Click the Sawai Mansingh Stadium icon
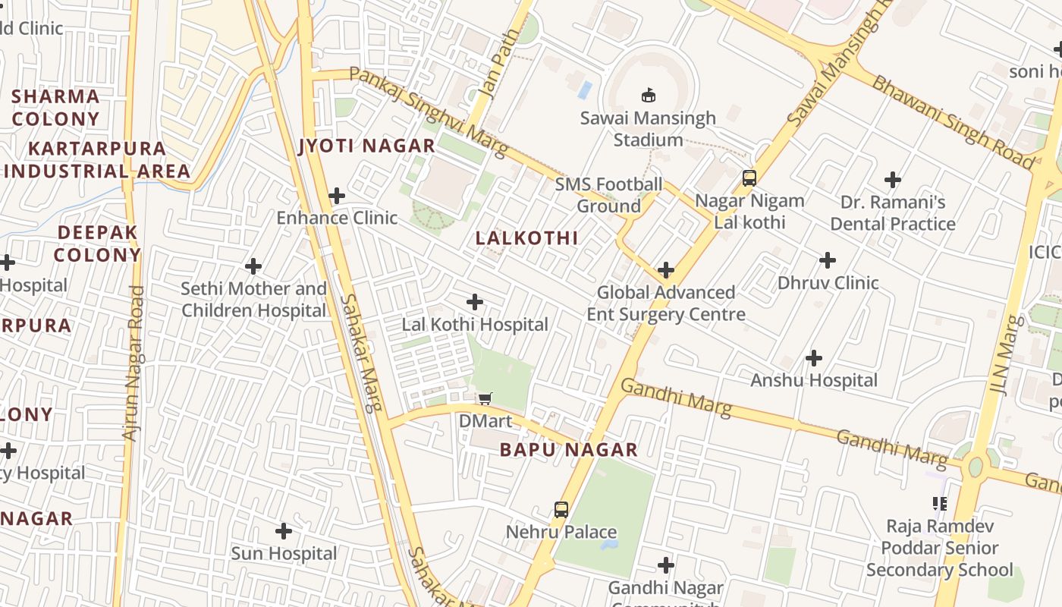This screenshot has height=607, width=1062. [649, 96]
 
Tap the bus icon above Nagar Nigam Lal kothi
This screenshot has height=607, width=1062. [749, 178]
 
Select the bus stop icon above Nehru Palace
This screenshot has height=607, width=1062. [561, 510]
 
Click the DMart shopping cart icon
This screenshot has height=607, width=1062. [485, 399]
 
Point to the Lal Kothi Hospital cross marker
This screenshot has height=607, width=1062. [475, 302]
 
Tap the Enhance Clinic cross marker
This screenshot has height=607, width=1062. [337, 196]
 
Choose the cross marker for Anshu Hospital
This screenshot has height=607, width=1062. [814, 357]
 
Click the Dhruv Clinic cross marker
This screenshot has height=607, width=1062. [828, 260]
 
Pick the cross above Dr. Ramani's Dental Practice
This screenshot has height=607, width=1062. [893, 180]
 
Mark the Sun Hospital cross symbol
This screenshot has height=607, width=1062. [284, 531]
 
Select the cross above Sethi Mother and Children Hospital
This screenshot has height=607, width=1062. [253, 266]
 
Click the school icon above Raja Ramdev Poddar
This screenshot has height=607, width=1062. [940, 503]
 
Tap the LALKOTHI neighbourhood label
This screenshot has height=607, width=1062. [526, 238]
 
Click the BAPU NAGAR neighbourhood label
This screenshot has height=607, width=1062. [569, 450]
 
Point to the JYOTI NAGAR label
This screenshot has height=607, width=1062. [367, 146]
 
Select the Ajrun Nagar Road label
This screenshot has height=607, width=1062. [133, 363]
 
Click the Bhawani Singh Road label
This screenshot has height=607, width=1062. [952, 121]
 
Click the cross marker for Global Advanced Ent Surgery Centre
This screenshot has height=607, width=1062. [666, 269]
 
